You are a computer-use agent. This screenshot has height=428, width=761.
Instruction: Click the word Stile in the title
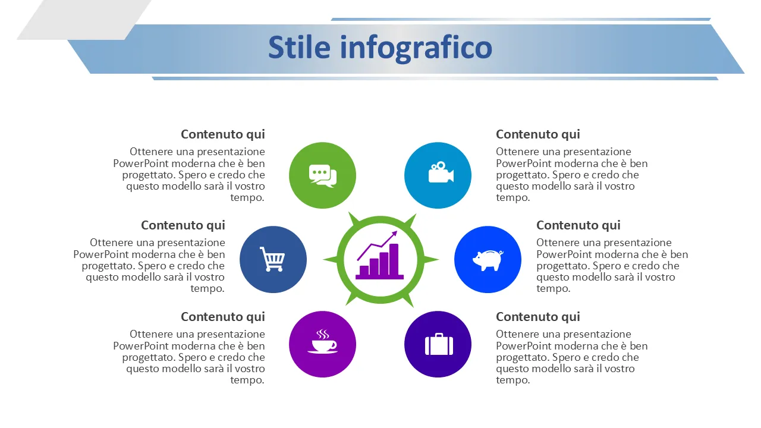point(299,47)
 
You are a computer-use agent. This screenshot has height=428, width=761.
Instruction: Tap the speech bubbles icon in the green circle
point(323,175)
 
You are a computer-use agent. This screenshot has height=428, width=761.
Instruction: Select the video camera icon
point(441,172)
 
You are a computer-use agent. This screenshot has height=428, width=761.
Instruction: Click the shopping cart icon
point(272,259)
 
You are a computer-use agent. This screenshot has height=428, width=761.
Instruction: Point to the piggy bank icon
point(488,260)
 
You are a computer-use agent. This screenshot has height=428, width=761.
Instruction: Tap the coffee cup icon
point(322,341)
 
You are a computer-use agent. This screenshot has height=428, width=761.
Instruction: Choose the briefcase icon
point(439,344)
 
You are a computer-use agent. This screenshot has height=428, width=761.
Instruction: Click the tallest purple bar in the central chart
point(394,259)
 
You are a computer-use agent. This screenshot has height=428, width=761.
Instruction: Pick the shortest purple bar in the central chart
point(364,270)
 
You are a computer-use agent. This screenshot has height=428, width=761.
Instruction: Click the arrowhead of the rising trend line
point(394,234)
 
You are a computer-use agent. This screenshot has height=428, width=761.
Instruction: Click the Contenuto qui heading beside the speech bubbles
point(223,134)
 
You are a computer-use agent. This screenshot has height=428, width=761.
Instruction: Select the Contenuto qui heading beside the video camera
point(538,134)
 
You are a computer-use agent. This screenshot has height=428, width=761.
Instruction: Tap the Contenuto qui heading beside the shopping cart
point(183,225)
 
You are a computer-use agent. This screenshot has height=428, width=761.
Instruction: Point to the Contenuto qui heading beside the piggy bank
point(578,225)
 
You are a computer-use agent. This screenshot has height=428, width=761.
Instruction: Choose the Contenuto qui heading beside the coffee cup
point(223,317)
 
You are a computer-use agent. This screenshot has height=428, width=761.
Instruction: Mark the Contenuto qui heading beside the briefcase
point(538,317)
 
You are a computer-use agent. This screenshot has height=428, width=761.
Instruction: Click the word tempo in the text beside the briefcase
point(512,380)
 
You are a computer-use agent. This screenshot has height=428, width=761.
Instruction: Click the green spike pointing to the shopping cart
point(330,260)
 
